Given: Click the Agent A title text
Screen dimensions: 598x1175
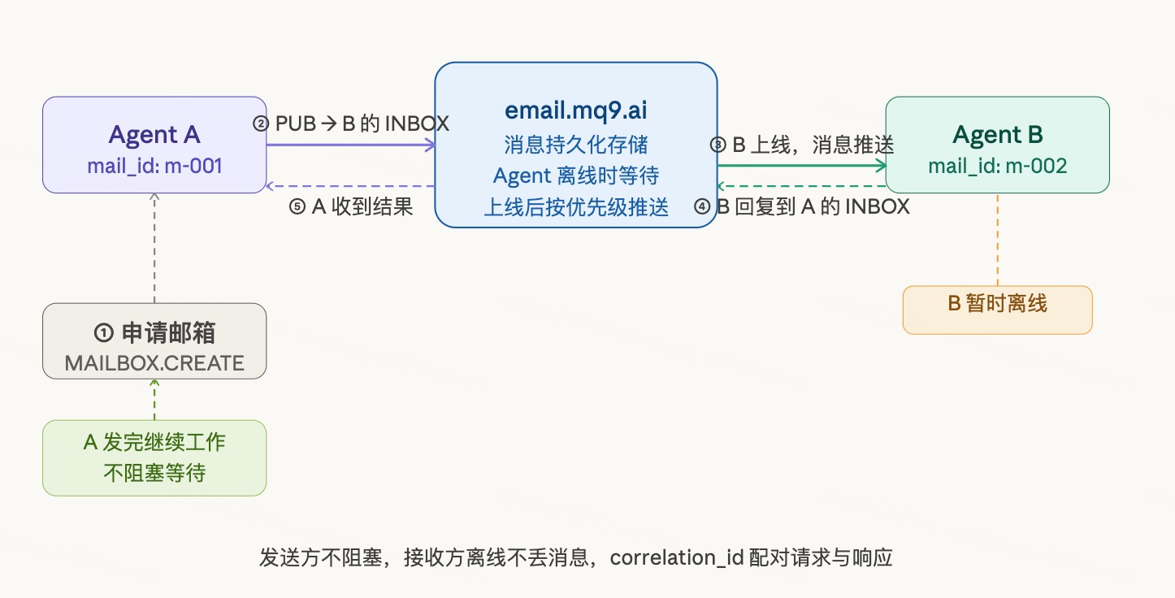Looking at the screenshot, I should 154,134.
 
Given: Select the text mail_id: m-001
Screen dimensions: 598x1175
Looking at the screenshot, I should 154,167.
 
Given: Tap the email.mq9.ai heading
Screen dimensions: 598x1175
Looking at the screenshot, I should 575,110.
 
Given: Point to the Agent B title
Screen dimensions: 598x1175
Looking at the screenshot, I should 997,134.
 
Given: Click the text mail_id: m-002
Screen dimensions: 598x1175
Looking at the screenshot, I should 997,167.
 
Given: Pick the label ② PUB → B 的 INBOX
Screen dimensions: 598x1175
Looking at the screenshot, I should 351,123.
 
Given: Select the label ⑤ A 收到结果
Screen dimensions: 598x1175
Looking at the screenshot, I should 351,207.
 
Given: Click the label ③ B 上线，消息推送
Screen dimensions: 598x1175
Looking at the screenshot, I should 801,145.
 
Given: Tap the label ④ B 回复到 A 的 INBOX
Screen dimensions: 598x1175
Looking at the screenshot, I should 801,206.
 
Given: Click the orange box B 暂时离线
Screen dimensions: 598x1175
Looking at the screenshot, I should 997,304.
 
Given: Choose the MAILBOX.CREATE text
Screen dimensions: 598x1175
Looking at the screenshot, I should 154,363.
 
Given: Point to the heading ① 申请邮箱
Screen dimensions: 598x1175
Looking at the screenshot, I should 154,332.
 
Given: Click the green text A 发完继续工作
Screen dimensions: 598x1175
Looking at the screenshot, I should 154,443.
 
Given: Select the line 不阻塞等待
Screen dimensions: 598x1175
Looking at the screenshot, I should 154,473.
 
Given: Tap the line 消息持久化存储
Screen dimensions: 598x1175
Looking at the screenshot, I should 575,145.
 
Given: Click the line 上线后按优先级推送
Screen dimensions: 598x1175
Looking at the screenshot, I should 575,207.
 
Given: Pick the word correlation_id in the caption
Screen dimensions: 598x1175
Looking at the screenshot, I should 677,558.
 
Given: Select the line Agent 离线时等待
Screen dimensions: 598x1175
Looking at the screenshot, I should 575,175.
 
